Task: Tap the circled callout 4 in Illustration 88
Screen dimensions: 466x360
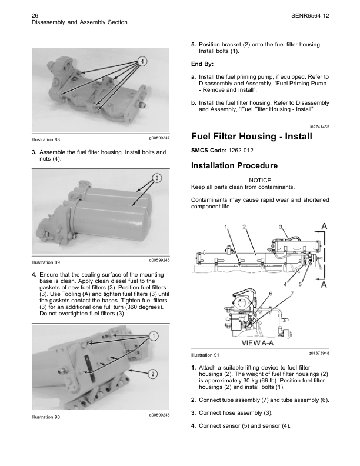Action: point(143,62)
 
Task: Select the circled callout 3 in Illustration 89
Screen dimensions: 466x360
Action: point(156,178)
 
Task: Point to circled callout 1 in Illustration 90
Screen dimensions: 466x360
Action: point(153,336)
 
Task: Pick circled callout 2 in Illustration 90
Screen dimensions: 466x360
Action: point(152,374)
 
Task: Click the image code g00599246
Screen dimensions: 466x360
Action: point(159,259)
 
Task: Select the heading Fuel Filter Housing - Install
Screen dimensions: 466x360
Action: point(252,137)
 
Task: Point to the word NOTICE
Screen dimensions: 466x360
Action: point(260,180)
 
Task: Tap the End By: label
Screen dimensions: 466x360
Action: point(202,64)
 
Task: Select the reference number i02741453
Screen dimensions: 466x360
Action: point(319,127)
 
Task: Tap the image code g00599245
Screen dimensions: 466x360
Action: point(159,415)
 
